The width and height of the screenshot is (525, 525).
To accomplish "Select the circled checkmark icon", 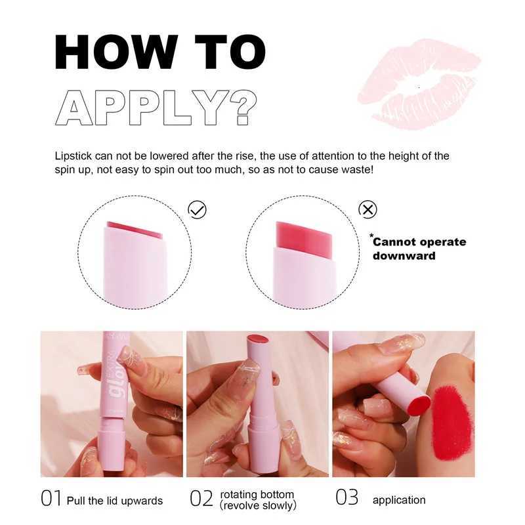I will pos(197,209).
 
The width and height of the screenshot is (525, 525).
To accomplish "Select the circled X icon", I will pos(368,209).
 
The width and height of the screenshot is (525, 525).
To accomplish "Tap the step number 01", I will pos(51,499).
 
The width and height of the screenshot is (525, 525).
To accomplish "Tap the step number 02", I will pos(201,499).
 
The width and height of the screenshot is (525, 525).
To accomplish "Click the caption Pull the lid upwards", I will pos(115,500).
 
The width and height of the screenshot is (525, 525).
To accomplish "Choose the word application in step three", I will pos(399,500).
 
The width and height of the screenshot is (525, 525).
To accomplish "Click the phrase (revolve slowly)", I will pos(258,505).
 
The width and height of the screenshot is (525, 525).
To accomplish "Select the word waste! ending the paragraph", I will pos(373,169).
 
